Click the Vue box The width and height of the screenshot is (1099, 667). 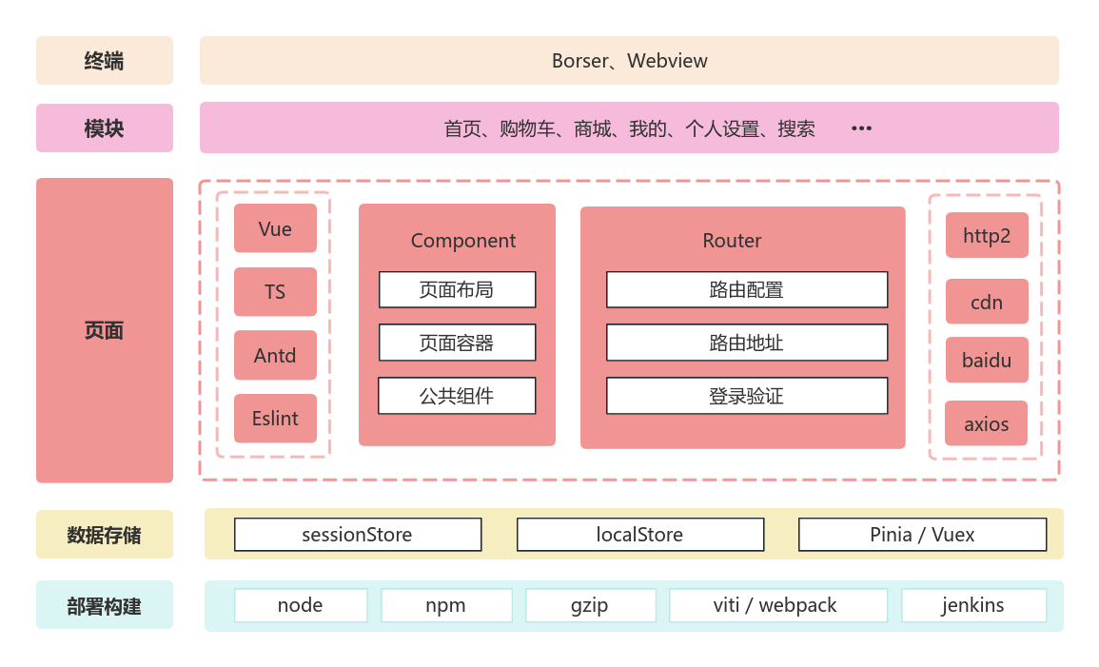(x=275, y=228)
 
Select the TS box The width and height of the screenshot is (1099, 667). (x=275, y=292)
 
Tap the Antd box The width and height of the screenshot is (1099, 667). (x=275, y=355)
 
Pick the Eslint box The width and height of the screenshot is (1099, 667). (x=275, y=419)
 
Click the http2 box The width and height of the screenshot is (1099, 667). (x=987, y=235)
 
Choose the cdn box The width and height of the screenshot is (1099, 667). (x=987, y=302)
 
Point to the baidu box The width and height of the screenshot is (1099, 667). (x=987, y=360)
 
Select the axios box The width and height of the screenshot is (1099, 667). (x=986, y=423)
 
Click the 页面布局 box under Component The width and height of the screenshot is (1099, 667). (x=457, y=289)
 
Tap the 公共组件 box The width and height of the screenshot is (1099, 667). (x=457, y=396)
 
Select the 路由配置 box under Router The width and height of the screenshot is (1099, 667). (x=747, y=289)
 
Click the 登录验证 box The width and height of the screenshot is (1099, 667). (x=747, y=396)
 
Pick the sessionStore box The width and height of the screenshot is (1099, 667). (x=358, y=535)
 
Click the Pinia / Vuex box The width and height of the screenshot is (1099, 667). (x=922, y=535)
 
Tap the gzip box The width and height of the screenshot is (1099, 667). (x=590, y=605)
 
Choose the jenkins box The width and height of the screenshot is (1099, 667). (x=973, y=605)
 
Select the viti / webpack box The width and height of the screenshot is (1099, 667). (x=777, y=605)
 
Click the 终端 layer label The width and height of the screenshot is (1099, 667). (x=105, y=61)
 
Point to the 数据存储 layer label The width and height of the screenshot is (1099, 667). (x=105, y=535)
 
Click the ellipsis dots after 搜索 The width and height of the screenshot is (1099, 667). (x=861, y=128)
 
